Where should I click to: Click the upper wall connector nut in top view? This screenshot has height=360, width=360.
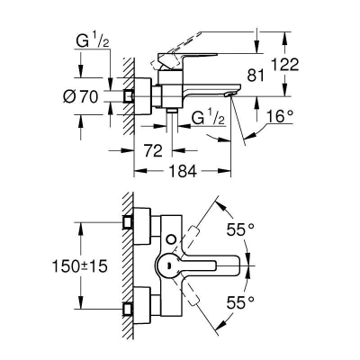[130, 224]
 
